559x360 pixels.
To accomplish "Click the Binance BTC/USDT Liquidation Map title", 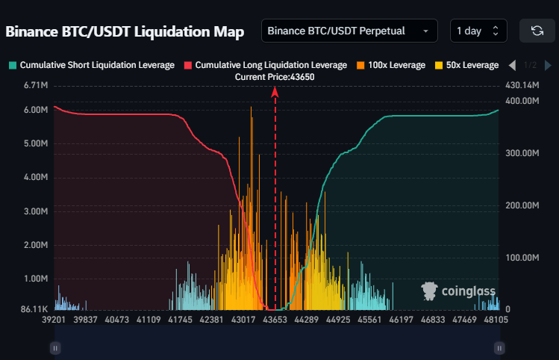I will [125, 31].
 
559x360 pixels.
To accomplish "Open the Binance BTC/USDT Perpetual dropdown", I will [349, 31].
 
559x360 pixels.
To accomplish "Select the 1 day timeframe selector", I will [478, 31].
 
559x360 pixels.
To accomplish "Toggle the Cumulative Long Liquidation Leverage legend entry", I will [265, 65].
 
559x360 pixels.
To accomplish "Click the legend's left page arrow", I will [512, 65].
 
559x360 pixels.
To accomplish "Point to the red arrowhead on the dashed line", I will [275, 91].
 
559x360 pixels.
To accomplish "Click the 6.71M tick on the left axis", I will [36, 85].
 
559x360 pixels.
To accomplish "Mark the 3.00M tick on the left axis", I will [36, 211].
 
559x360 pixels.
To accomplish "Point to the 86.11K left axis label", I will [34, 308].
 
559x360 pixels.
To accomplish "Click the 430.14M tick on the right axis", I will [522, 85].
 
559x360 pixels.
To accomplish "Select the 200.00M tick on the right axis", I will [522, 205].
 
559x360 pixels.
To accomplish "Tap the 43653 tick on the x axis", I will [275, 320].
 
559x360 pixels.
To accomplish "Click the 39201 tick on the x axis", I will [53, 320].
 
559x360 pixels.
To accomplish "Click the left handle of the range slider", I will [54, 347].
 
